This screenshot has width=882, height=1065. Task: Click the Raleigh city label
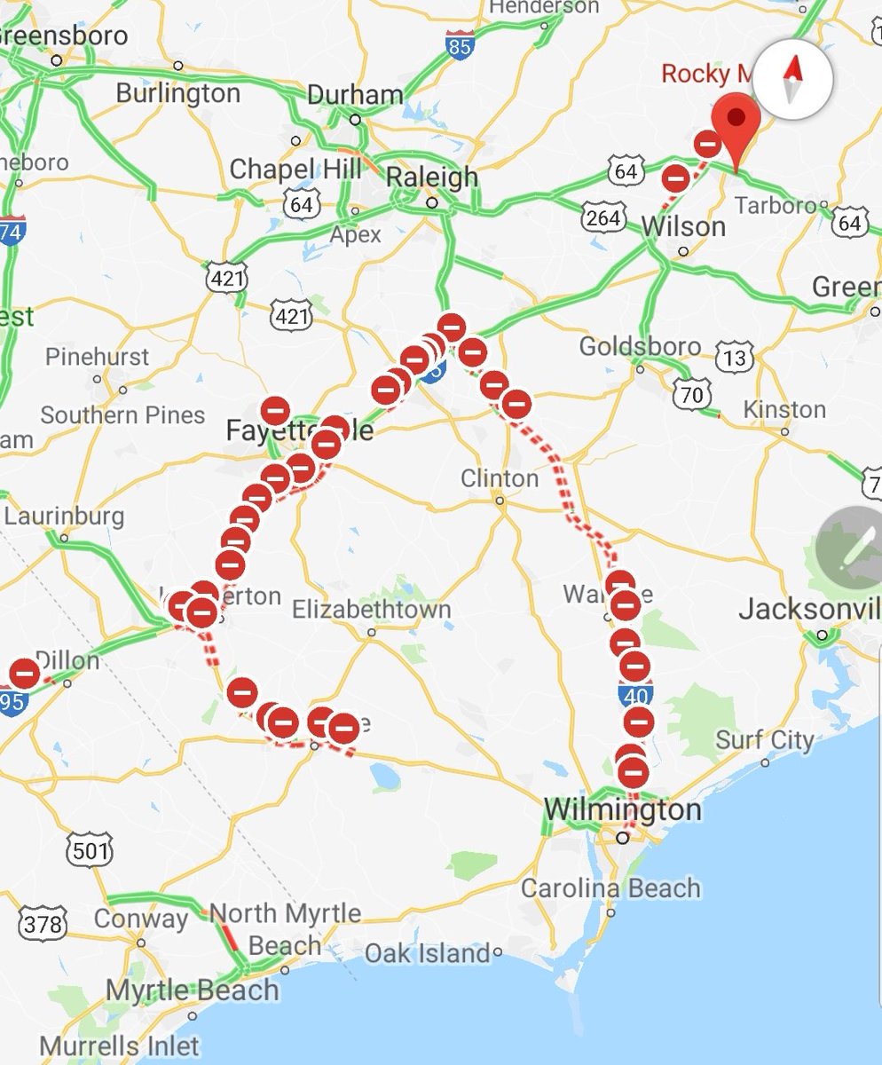433,177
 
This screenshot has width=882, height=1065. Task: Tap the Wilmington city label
622,809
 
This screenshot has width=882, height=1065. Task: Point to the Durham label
355,95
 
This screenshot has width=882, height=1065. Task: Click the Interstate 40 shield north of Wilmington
637,692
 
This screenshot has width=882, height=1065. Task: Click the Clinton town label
500,478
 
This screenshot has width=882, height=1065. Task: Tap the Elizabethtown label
371,610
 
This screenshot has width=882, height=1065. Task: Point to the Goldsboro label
640,345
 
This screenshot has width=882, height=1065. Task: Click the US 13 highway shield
736,357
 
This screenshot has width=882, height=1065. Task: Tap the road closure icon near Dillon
25,674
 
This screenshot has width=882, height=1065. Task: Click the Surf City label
764,739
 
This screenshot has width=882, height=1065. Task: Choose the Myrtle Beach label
192,989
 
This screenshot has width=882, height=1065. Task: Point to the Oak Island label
428,954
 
